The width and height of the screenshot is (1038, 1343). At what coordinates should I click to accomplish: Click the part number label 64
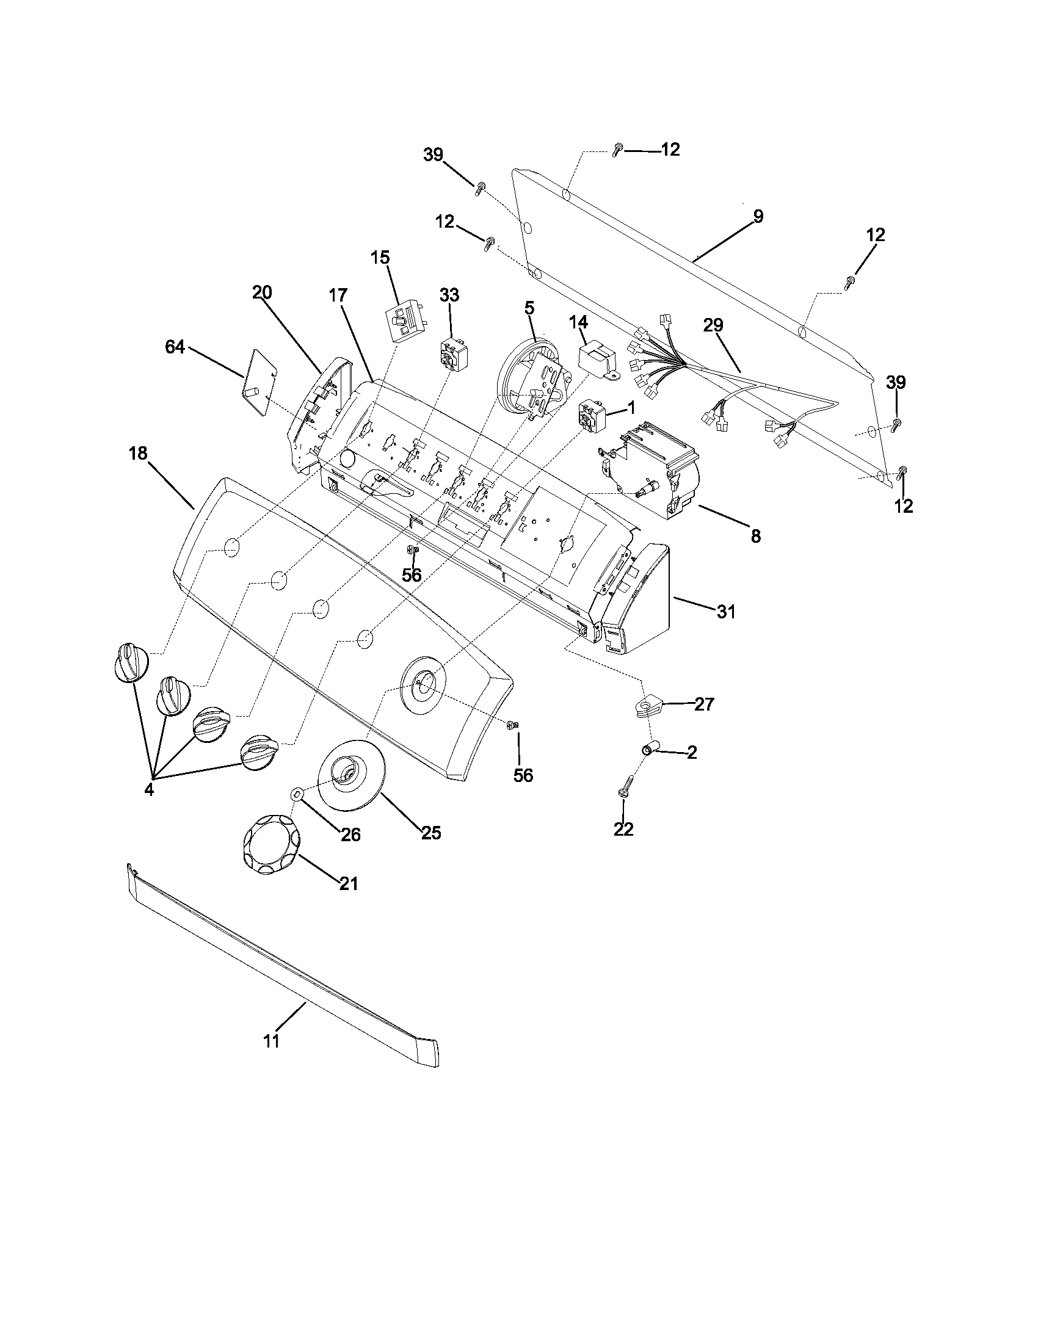[x=175, y=347]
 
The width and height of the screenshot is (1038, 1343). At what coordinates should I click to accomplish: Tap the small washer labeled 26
[x=297, y=794]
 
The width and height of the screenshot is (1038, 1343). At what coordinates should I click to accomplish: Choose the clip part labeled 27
[x=645, y=706]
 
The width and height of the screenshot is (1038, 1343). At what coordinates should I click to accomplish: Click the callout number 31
[x=725, y=612]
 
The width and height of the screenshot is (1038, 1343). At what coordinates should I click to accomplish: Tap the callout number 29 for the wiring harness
[x=713, y=325]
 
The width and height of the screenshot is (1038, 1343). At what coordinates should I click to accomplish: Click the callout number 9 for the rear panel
[x=758, y=217]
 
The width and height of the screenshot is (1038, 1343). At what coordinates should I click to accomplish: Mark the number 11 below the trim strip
[x=271, y=1041]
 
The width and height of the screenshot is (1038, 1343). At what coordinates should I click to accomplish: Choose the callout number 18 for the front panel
[x=138, y=454]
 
